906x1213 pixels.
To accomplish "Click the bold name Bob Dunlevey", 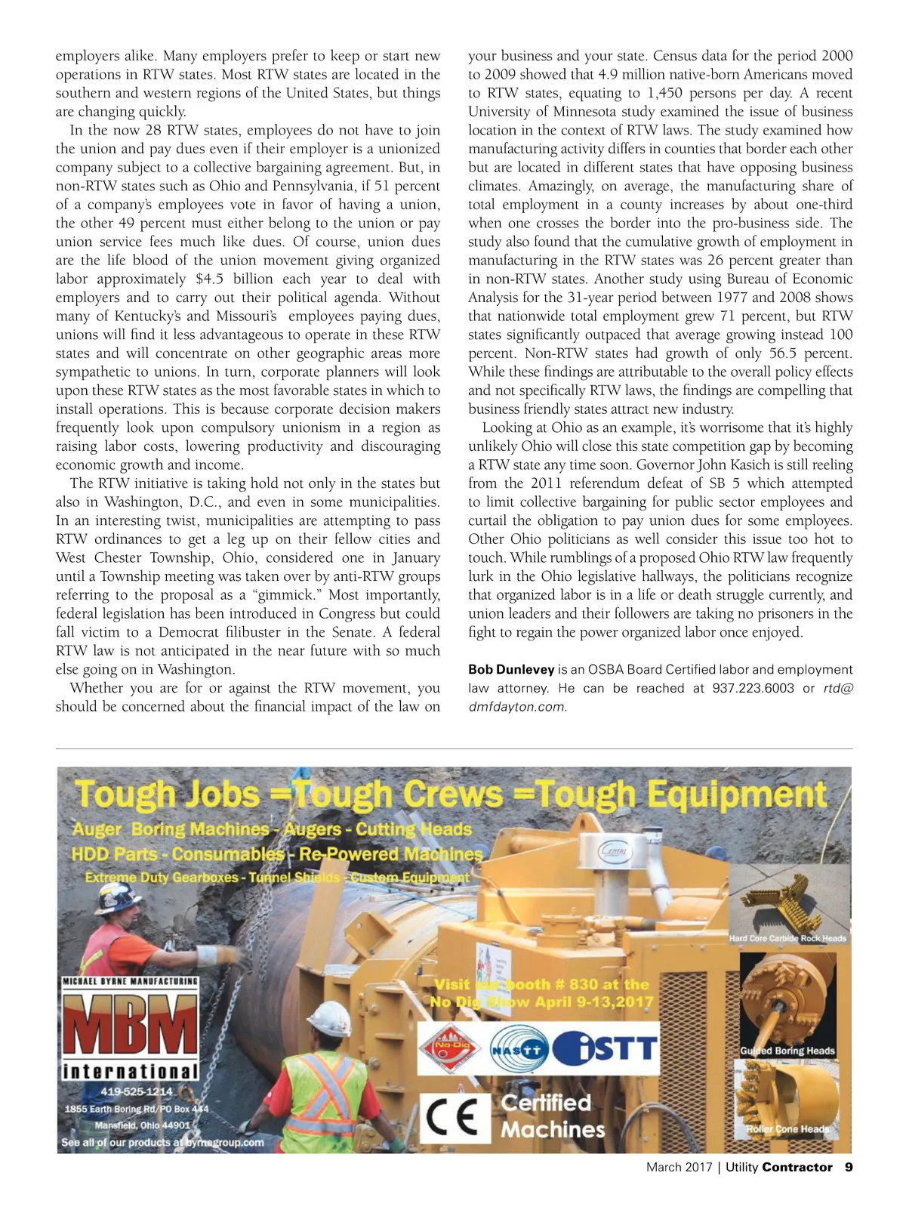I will point(511,670).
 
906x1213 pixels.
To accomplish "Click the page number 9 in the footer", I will point(849,1168).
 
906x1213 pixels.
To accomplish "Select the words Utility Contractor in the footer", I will point(779,1168).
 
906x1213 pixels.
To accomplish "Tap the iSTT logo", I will point(606,1049).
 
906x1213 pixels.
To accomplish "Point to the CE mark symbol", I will point(451,1116).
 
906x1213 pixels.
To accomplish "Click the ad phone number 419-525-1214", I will point(137,1091).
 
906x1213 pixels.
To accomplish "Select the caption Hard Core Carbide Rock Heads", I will point(787,939).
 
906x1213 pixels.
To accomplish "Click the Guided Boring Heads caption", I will point(787,1051).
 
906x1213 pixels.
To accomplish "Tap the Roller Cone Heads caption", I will point(787,1129).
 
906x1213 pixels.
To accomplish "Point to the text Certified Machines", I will point(553,1116).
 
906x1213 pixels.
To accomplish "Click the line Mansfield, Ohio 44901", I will point(142,1125).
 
